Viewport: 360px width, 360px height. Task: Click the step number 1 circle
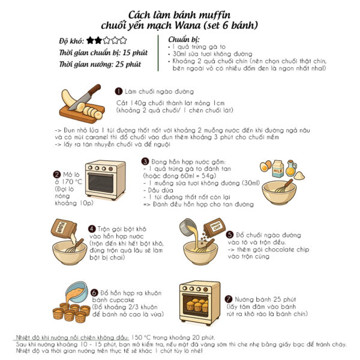(118, 91)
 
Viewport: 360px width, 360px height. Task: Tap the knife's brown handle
(95, 89)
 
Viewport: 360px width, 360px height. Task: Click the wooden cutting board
(82, 113)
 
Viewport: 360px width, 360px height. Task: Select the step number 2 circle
(56, 175)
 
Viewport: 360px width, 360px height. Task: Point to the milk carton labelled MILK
(278, 169)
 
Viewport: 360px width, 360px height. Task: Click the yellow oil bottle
(291, 168)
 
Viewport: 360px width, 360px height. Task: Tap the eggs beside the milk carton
(266, 166)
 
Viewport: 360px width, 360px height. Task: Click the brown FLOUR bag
(64, 229)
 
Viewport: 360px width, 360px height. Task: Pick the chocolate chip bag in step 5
(214, 227)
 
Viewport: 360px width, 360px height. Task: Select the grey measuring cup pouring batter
(187, 227)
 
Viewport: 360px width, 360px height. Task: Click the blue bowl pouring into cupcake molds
(77, 292)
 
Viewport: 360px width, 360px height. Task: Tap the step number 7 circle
(228, 299)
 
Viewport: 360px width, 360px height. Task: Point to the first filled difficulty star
(90, 40)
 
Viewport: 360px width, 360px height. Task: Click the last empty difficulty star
(123, 40)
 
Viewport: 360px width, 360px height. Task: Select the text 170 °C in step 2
(71, 182)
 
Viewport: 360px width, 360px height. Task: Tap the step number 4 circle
(92, 229)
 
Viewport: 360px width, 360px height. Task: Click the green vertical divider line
(158, 53)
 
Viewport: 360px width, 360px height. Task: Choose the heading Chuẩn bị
(184, 40)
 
